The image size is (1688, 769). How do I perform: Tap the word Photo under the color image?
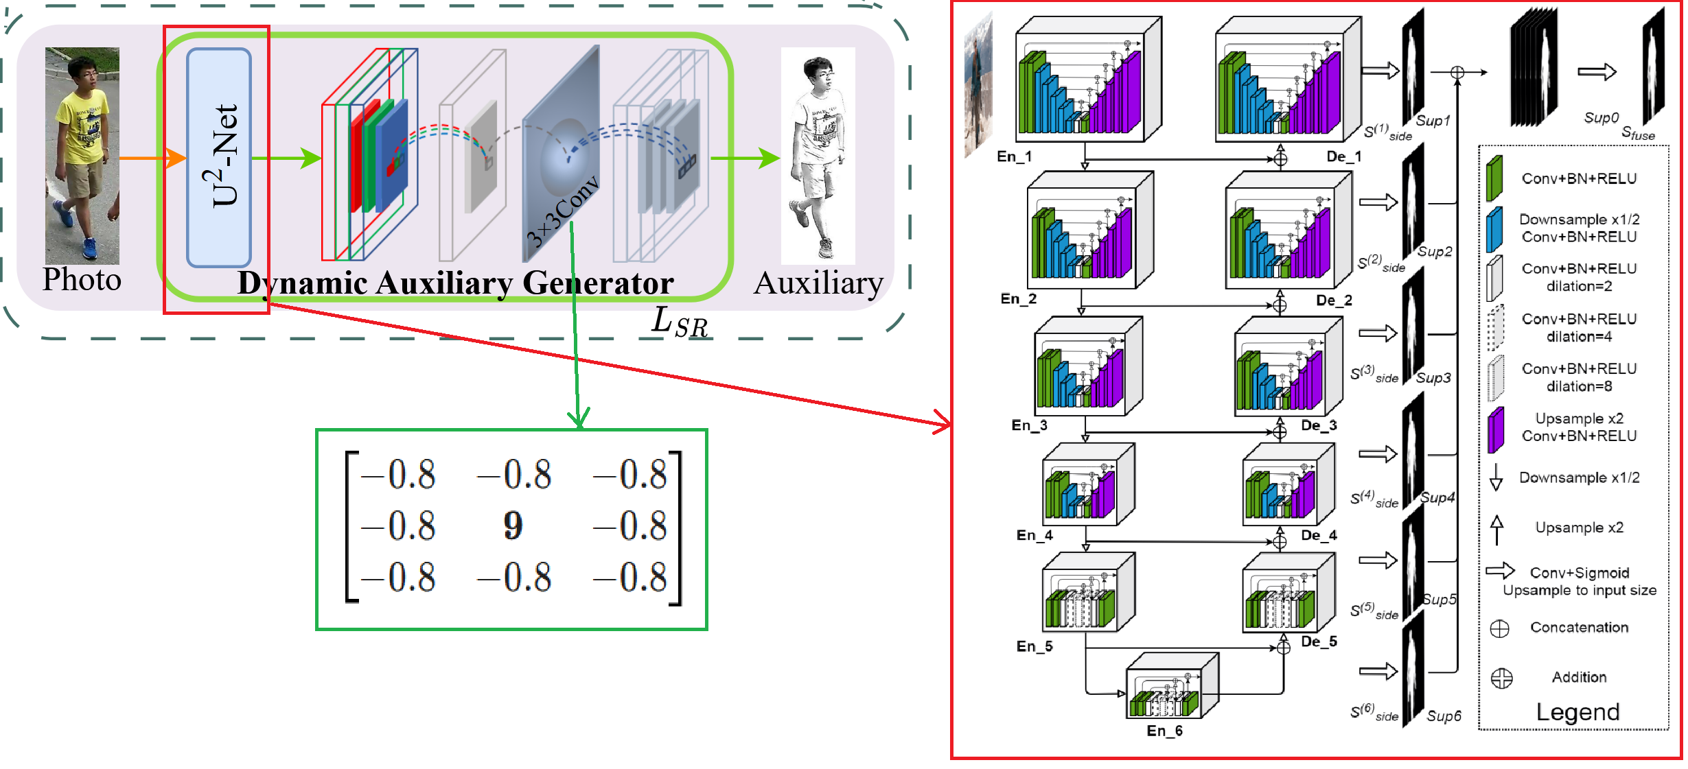pyautogui.click(x=82, y=279)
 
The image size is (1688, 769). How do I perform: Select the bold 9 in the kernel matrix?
pyautogui.click(x=513, y=525)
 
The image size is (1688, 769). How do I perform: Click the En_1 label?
pyautogui.click(x=1014, y=156)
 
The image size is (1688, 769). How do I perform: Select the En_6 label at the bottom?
pyautogui.click(x=1164, y=731)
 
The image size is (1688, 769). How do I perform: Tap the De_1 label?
pyautogui.click(x=1343, y=156)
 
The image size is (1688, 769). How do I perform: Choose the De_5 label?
pyautogui.click(x=1319, y=641)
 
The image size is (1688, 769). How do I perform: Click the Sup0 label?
pyautogui.click(x=1601, y=118)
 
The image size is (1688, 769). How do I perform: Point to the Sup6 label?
pyautogui.click(x=1443, y=716)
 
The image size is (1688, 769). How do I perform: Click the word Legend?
pyautogui.click(x=1577, y=712)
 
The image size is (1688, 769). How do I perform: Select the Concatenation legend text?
pyautogui.click(x=1579, y=627)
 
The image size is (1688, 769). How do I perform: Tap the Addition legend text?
pyautogui.click(x=1579, y=677)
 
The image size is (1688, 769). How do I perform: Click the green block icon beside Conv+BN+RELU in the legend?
pyautogui.click(x=1494, y=178)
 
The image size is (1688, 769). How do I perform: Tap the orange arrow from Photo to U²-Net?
pyautogui.click(x=151, y=158)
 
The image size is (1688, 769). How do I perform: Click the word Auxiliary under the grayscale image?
pyautogui.click(x=818, y=283)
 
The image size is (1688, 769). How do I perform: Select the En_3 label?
pyautogui.click(x=1029, y=425)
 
